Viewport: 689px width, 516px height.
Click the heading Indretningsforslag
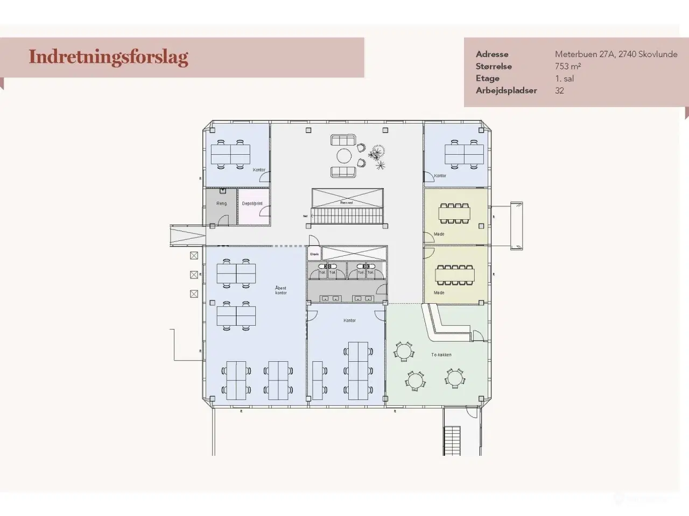[x=108, y=57]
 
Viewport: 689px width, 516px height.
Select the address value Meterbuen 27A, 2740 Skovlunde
[x=616, y=54]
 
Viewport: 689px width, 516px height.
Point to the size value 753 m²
[x=568, y=66]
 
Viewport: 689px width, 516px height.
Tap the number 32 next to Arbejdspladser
[x=559, y=90]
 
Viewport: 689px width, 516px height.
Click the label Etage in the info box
[x=487, y=78]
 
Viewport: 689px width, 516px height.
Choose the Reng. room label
[x=222, y=204]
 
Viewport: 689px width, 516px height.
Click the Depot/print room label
[x=252, y=204]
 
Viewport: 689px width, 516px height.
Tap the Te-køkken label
[x=441, y=355]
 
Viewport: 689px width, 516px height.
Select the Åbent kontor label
[x=280, y=290]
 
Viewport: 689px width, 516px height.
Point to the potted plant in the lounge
[x=378, y=156]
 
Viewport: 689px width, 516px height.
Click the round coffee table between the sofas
[x=344, y=156]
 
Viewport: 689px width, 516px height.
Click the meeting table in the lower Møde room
[x=455, y=275]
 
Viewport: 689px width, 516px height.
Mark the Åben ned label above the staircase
[x=347, y=203]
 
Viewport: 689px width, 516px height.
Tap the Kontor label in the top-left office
[x=259, y=170]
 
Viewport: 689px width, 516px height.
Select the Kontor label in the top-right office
[x=440, y=176]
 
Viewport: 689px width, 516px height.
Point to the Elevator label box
[x=314, y=254]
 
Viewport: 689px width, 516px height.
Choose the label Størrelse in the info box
[x=494, y=66]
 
